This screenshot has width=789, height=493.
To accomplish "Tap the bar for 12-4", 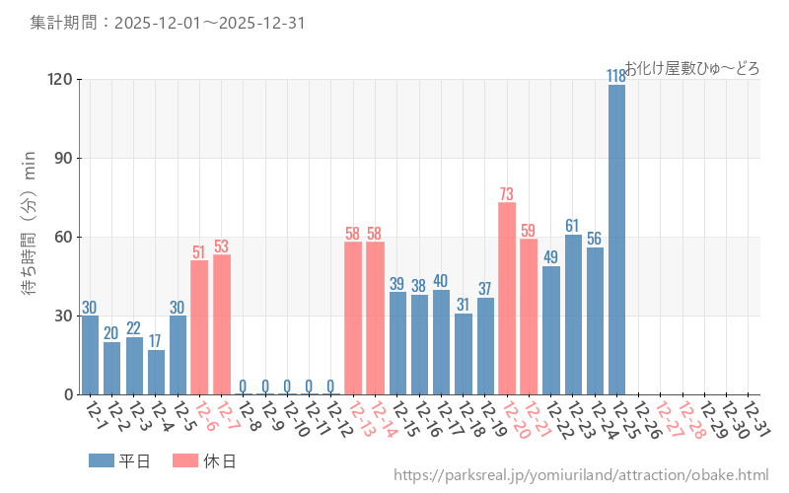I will (156, 373).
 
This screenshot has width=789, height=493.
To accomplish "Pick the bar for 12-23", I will (573, 315).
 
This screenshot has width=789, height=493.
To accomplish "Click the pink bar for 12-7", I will (222, 324).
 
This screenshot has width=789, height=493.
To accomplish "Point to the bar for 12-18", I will (464, 354).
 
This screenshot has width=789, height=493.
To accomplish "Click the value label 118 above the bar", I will (616, 76).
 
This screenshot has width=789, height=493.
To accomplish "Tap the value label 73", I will (507, 194).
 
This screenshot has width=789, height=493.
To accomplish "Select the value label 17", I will (156, 341).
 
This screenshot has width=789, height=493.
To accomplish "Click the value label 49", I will (551, 257).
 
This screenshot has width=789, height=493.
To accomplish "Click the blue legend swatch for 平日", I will (102, 460).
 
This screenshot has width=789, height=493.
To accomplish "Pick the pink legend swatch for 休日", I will (184, 460).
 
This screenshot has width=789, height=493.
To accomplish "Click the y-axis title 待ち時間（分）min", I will (29, 237).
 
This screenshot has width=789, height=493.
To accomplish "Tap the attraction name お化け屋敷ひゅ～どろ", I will (691, 68).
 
